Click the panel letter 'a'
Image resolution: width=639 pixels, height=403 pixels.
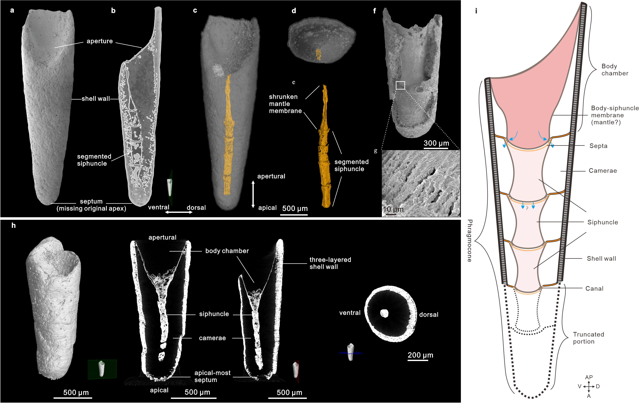[x=12, y=11]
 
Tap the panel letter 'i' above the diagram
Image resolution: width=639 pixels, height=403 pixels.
[x=476, y=11]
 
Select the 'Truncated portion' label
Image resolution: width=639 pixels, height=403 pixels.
[x=588, y=338]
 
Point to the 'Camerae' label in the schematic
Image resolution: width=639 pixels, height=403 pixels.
[x=603, y=171]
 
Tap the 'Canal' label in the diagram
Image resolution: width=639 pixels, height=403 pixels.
[x=594, y=289]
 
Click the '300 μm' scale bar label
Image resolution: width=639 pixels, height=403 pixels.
[x=436, y=143]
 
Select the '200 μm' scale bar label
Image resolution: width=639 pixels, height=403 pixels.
[x=420, y=355]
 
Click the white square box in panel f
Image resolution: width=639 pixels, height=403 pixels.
[x=400, y=85]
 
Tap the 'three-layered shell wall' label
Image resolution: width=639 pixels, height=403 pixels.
[x=330, y=263]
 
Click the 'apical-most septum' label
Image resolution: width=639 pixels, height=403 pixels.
[x=212, y=376]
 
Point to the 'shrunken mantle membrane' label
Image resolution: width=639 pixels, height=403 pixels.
[x=285, y=104]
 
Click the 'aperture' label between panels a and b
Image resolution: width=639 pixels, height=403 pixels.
[x=99, y=41]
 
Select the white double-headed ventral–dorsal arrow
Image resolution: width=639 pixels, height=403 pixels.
[x=179, y=212]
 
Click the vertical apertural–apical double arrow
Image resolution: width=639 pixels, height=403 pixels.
[x=253, y=194]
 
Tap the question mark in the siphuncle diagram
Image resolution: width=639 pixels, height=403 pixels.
[x=527, y=208]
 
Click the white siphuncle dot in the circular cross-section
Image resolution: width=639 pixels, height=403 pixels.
[x=384, y=313]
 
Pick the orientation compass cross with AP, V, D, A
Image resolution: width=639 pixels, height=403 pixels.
[x=589, y=387]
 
